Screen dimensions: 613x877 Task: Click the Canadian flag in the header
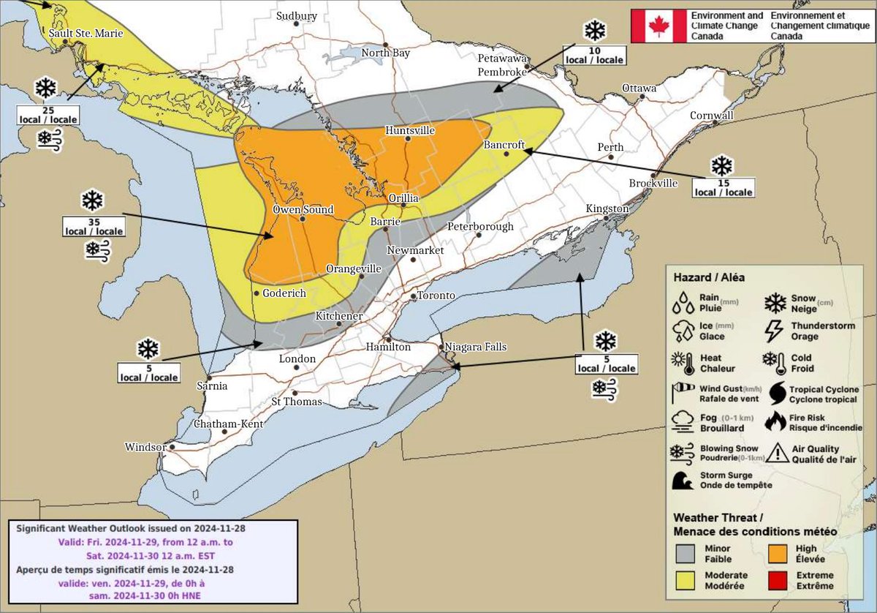tap(659, 26)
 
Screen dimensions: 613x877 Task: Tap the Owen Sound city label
tap(303, 209)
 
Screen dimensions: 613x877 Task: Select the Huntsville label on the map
tap(410, 130)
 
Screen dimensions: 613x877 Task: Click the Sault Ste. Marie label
tap(86, 33)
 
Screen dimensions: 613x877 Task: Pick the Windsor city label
tap(145, 446)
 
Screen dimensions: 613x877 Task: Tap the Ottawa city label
tap(639, 88)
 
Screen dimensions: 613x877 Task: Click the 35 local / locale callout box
tap(93, 227)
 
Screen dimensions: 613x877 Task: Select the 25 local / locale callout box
tap(47, 114)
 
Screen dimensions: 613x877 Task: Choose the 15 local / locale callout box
tap(722, 187)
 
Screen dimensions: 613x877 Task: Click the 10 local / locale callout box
tap(594, 55)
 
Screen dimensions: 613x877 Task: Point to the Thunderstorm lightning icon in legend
tap(774, 331)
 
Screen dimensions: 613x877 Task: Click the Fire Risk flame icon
tap(774, 421)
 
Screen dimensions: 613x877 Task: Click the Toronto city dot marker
tap(413, 296)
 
